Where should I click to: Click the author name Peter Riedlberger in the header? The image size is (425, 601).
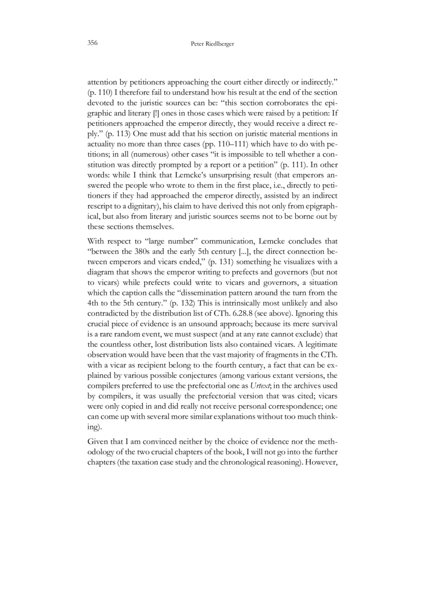[x=212, y=44]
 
